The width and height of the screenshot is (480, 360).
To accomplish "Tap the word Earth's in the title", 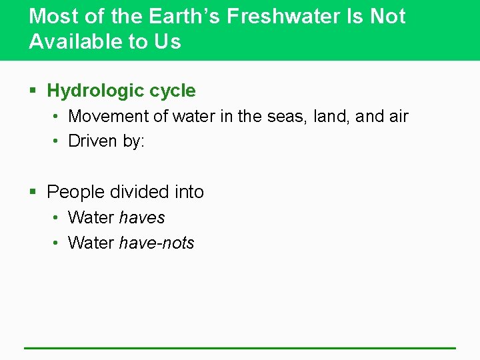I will pos(186,16).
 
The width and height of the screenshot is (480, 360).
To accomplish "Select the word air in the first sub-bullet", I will pos(397,116).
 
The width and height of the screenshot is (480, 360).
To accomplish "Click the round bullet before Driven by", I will pos(57,142).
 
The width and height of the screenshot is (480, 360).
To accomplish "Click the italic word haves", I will pos(141,217).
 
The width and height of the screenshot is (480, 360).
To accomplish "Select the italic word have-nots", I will pos(157,243).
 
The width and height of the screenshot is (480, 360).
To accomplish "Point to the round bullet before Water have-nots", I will pos(57,243).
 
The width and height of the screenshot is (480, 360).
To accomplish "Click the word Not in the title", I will pos(388,16).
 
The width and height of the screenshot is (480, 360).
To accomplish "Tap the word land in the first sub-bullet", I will pos(331,116).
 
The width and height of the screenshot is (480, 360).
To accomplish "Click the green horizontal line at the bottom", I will pos(240,347).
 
